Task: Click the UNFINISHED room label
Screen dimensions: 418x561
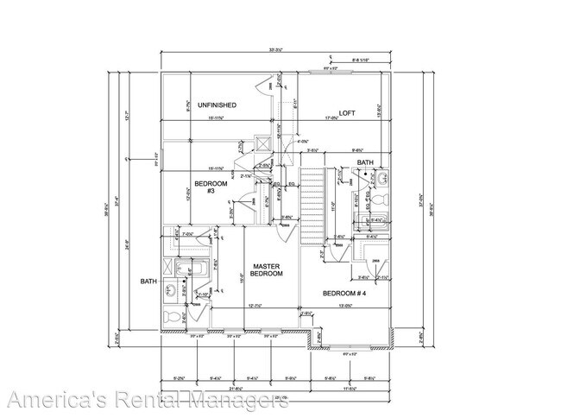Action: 217,105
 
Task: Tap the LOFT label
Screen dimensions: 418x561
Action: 347,113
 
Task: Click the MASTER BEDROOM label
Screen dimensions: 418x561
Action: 267,269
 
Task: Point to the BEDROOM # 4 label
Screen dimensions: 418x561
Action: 345,294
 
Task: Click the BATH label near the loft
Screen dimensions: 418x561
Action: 365,162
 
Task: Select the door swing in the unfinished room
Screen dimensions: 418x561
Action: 262,85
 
